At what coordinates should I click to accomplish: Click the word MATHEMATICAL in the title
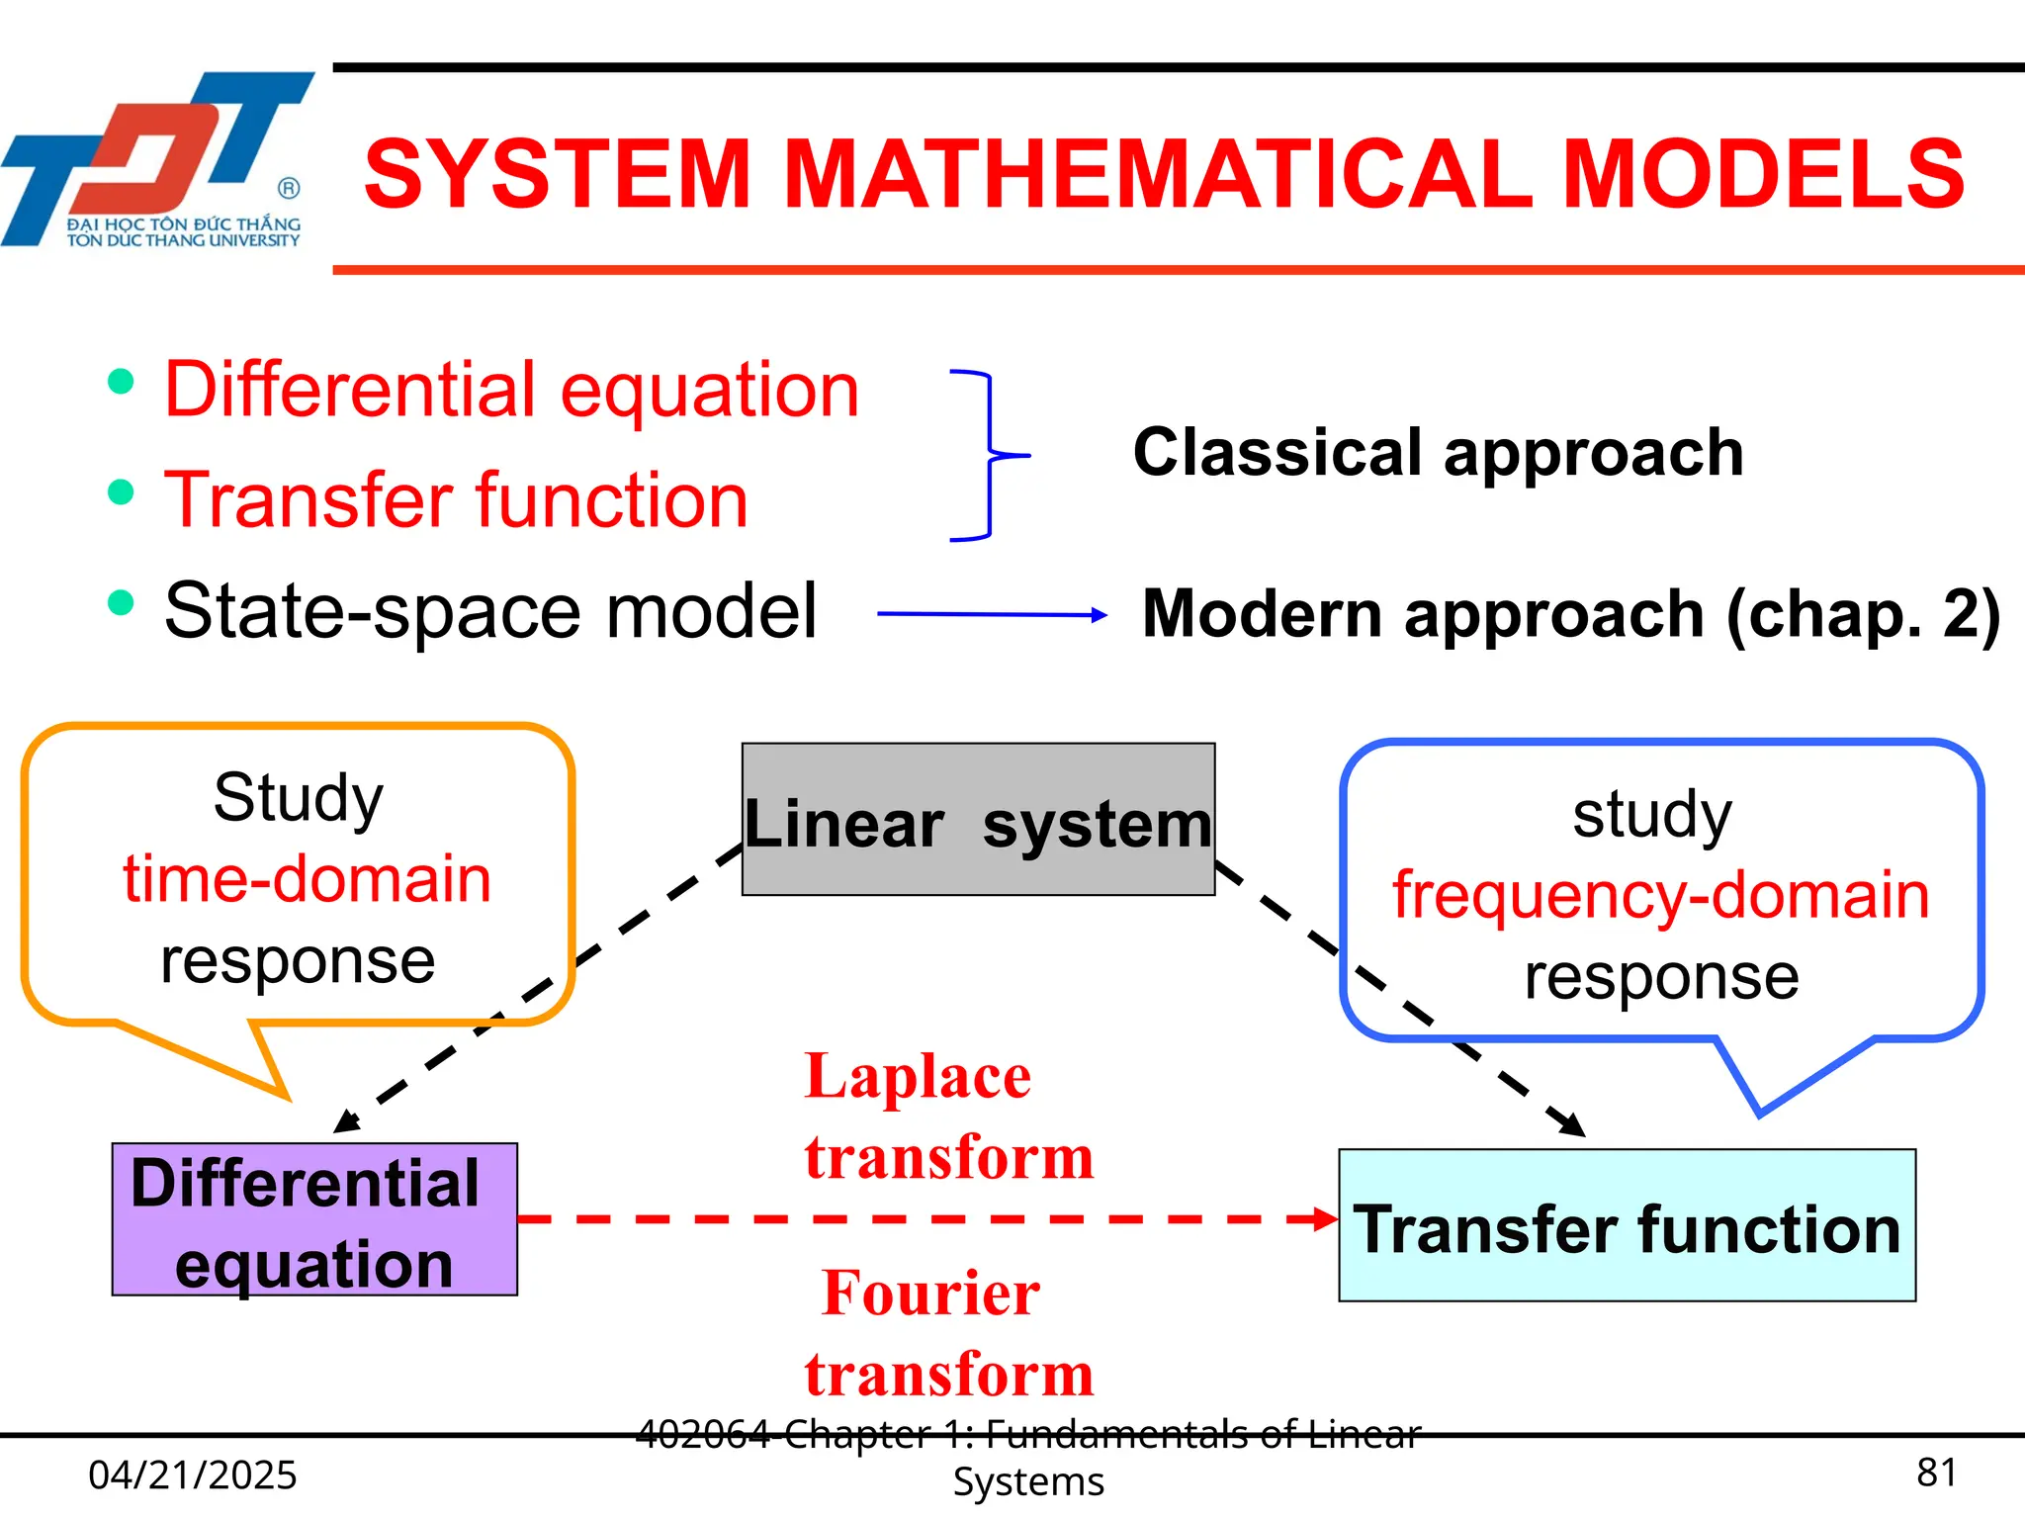point(1159,175)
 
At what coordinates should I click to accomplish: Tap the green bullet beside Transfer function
point(121,491)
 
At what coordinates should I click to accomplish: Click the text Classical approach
point(1438,453)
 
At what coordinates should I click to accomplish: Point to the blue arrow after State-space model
point(992,614)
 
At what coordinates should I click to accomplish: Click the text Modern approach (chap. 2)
point(1570,614)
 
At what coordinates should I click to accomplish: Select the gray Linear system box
point(978,820)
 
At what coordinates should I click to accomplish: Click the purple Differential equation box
point(314,1219)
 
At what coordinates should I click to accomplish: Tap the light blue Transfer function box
point(1627,1226)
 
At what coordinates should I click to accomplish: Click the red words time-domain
point(307,878)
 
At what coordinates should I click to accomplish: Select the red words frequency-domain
point(1660,895)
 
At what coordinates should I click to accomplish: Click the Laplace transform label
point(947,1116)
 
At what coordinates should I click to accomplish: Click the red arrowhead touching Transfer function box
point(1325,1218)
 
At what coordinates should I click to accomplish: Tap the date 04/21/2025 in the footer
point(193,1474)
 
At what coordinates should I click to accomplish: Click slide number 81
point(1935,1473)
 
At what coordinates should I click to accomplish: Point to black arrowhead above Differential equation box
point(348,1120)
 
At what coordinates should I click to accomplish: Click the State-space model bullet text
point(490,611)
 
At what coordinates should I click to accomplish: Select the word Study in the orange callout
point(298,797)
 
